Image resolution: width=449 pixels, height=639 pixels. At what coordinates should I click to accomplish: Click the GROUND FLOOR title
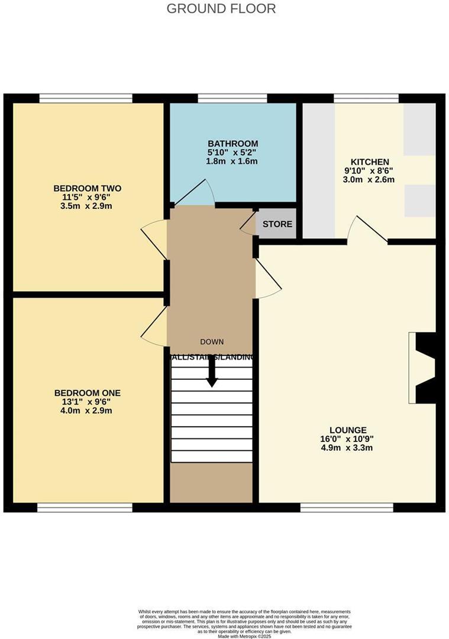click(221, 9)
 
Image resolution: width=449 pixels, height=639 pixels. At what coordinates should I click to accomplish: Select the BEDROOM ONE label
click(87, 393)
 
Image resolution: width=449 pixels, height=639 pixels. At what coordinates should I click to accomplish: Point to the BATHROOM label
click(232, 144)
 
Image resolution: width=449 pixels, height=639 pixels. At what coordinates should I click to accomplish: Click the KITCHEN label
click(370, 162)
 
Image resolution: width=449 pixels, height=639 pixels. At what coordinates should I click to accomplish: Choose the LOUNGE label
click(348, 430)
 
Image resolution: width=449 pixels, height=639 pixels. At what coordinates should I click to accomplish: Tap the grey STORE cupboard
click(277, 224)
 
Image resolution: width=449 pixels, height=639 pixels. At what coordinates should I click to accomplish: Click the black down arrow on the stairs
click(211, 373)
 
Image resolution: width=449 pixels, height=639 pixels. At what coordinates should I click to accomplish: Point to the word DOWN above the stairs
click(212, 342)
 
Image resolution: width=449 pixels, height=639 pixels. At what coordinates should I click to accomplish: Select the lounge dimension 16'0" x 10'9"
click(348, 439)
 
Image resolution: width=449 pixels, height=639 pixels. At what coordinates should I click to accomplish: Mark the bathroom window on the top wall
click(232, 98)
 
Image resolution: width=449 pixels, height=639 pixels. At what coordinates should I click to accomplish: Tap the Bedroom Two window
click(86, 98)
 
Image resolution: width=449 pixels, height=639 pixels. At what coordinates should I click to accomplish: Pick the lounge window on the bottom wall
click(347, 507)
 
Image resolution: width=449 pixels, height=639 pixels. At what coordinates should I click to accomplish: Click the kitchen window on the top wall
click(366, 98)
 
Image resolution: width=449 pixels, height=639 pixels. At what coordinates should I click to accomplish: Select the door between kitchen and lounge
click(367, 231)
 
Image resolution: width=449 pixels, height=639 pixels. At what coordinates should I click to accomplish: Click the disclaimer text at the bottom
click(224, 622)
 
